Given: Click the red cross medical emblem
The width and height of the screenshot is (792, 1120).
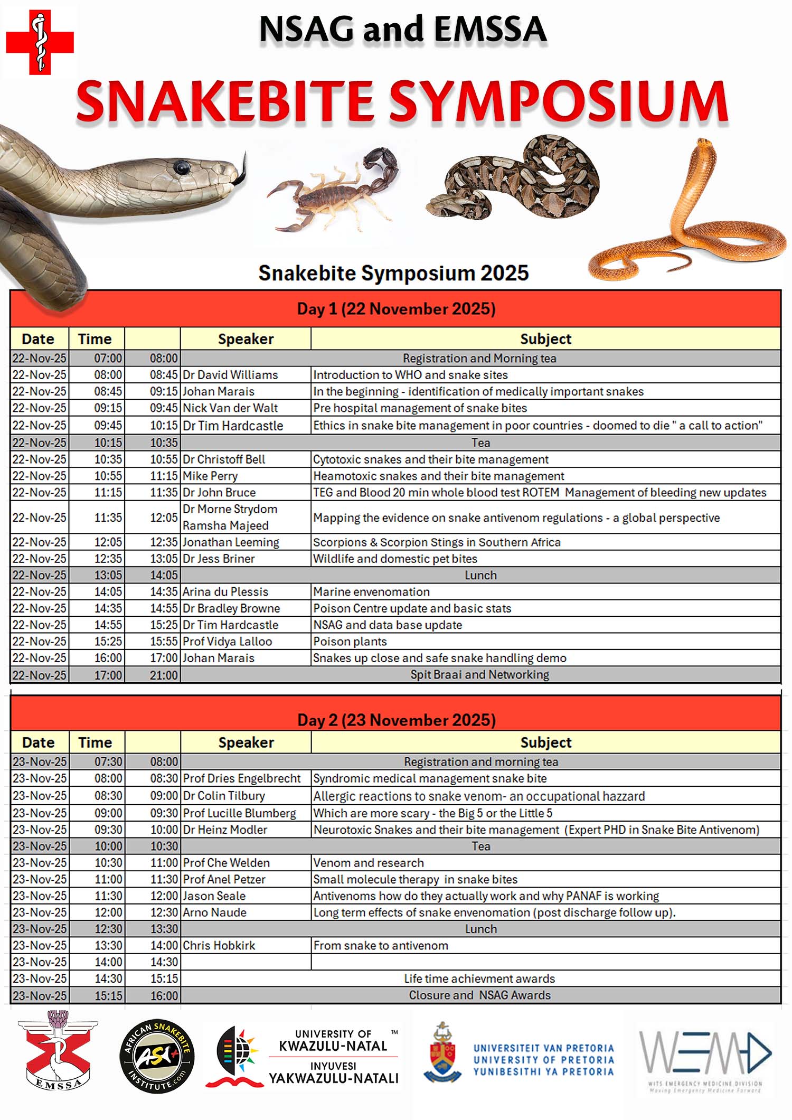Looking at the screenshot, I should (x=40, y=42).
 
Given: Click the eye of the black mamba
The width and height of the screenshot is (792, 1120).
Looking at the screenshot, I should (x=182, y=167).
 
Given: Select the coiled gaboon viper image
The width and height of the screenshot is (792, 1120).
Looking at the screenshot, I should (x=515, y=180).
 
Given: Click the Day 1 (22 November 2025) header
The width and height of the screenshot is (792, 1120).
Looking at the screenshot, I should (x=396, y=309).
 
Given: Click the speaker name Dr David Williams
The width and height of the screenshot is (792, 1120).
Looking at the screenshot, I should (x=230, y=375).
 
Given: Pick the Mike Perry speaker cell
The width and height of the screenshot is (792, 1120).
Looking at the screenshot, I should (x=210, y=476).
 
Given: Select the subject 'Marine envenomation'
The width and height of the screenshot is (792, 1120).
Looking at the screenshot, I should (x=371, y=591).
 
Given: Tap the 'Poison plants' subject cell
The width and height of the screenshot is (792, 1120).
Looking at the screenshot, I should (x=350, y=641).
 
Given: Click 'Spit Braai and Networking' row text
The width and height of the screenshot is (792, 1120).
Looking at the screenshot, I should (x=479, y=674).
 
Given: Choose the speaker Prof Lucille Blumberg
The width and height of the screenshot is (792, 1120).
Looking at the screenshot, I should (x=239, y=813).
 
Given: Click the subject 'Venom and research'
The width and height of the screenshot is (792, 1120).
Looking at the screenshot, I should (x=369, y=863).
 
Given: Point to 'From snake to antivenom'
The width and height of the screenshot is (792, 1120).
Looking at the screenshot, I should (x=381, y=945).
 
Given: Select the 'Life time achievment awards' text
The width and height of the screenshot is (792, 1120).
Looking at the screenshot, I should (x=479, y=978).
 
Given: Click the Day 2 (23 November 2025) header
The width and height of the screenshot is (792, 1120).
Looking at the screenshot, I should (x=396, y=720).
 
